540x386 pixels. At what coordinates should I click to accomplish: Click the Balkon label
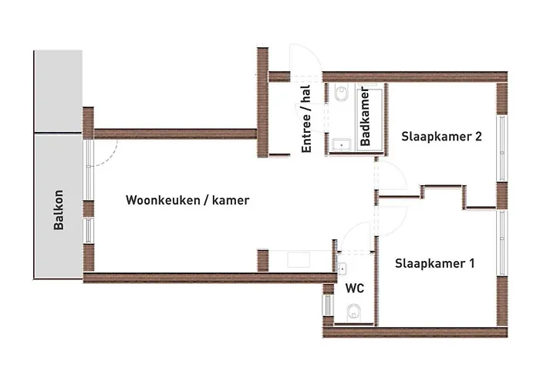59,211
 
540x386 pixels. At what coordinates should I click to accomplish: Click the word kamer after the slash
231,200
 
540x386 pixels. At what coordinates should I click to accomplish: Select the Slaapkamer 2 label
441,137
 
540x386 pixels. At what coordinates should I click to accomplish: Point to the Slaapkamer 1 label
434,264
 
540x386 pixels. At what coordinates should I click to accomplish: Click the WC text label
355,289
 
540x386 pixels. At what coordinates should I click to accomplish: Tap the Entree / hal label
306,119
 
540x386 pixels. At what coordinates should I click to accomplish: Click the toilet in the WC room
354,312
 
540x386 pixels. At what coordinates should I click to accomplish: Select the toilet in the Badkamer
341,95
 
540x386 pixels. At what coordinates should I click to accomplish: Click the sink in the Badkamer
340,144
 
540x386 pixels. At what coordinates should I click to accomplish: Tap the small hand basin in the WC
340,267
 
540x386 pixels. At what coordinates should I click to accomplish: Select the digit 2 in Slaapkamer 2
478,137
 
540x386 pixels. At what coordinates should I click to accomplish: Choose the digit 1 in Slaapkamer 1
471,264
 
